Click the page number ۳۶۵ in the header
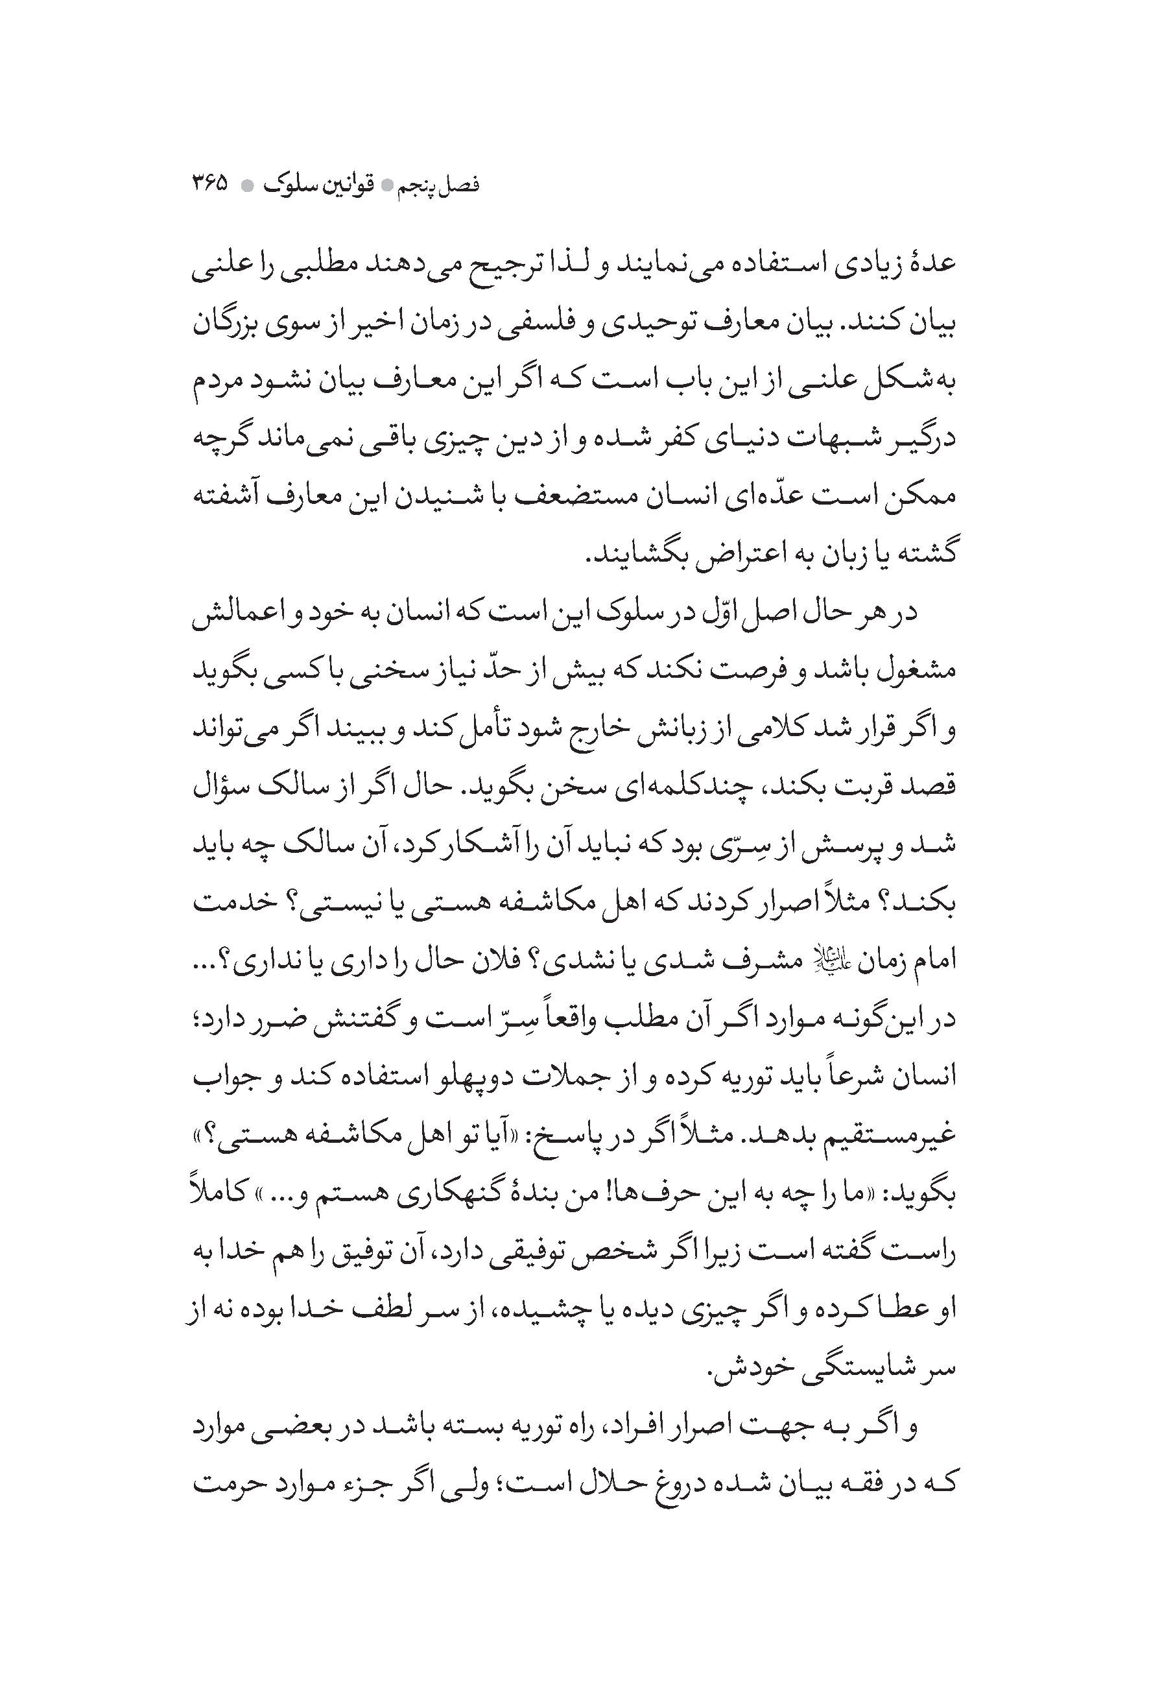point(209,184)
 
